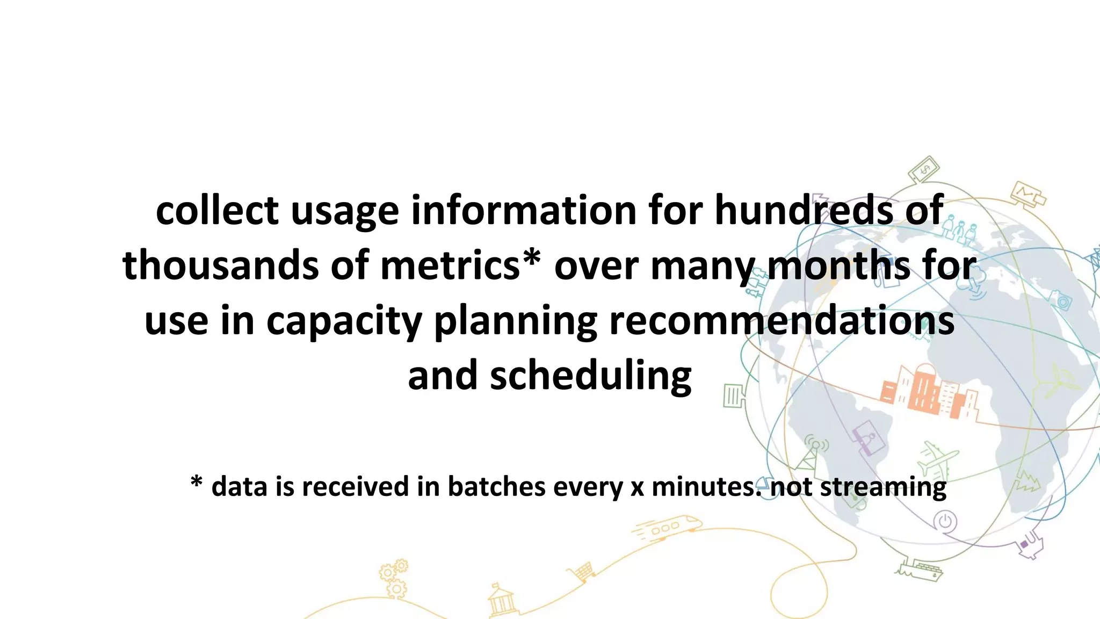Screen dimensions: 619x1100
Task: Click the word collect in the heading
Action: click(217, 210)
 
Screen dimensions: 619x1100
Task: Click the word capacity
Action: click(344, 321)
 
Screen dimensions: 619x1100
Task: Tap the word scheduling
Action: click(590, 376)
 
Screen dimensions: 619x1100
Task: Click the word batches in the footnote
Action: click(496, 486)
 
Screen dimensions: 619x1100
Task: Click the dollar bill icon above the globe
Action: click(924, 170)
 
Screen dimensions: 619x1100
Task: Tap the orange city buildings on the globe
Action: click(929, 392)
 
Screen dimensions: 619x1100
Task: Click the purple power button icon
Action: click(945, 521)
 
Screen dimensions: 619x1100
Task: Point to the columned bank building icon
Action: click(501, 601)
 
